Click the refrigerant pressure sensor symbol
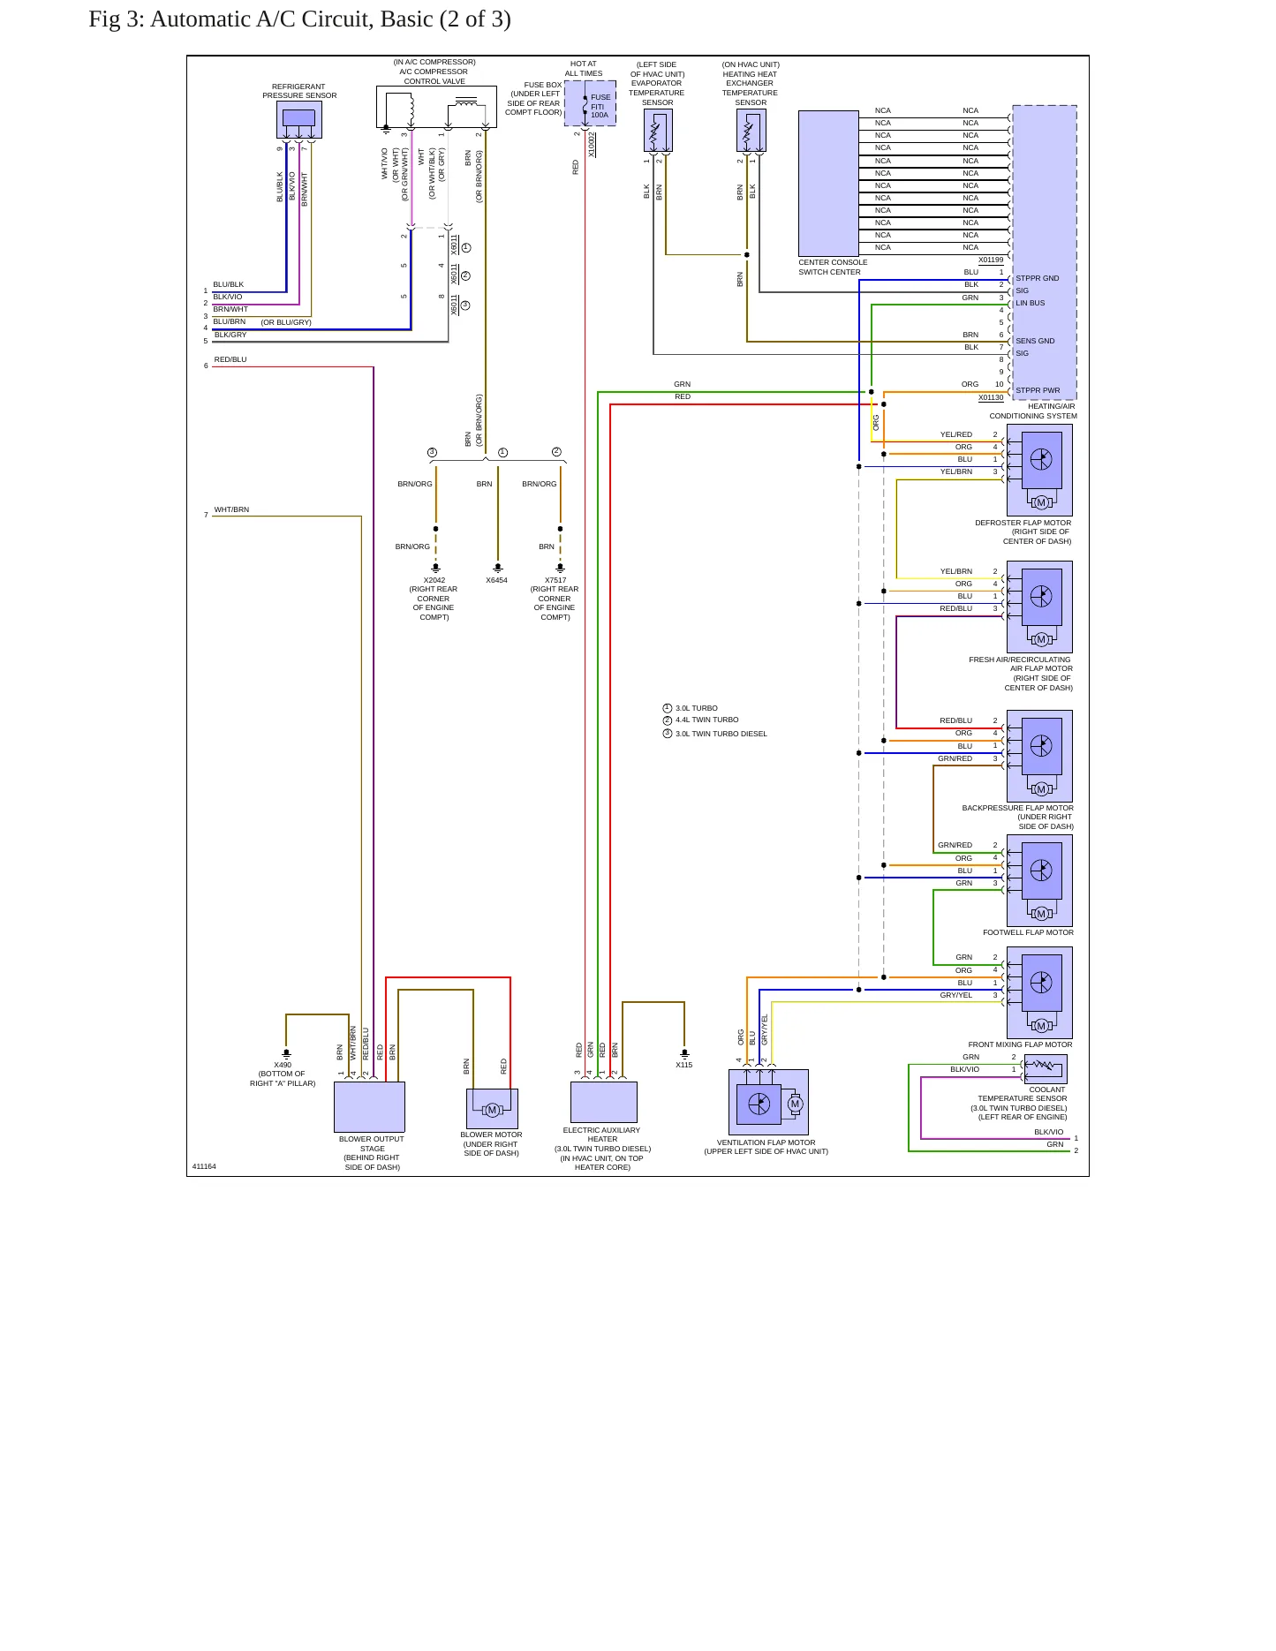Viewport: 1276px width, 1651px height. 299,119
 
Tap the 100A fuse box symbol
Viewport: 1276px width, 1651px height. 590,103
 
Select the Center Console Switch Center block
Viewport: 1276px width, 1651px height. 828,183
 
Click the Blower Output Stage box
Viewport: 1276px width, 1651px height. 369,1106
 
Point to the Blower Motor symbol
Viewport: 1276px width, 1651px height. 492,1108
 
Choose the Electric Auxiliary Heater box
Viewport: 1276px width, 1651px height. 604,1102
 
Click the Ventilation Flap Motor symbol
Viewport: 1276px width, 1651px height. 768,1102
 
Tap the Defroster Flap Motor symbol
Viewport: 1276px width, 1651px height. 1039,470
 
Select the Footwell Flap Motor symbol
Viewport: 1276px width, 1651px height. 1039,880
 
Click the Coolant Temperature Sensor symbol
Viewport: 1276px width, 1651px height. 1045,1068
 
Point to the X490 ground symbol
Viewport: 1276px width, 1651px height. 286,1053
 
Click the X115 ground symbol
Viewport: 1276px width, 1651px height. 684,1053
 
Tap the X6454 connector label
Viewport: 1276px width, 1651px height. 496,580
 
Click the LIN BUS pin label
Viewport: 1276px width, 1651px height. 1030,303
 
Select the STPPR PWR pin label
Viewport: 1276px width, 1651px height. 1038,390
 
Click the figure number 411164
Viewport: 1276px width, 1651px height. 204,1166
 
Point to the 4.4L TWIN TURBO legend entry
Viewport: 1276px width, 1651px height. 707,720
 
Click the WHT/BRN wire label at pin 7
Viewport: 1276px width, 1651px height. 231,509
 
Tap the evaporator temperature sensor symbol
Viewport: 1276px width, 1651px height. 658,131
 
